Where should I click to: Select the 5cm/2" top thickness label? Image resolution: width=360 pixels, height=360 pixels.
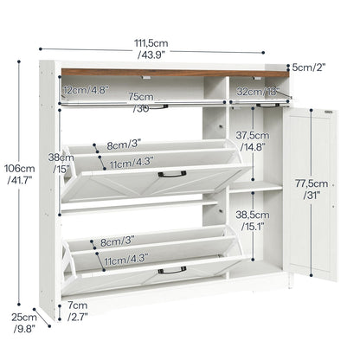[x=309, y=66]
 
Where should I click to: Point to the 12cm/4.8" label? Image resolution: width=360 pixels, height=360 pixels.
[x=86, y=88]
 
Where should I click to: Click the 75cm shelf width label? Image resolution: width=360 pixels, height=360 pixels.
[x=141, y=103]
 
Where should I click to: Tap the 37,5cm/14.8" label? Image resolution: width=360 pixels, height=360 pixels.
[x=250, y=140]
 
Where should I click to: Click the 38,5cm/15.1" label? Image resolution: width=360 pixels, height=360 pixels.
[x=250, y=221]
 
